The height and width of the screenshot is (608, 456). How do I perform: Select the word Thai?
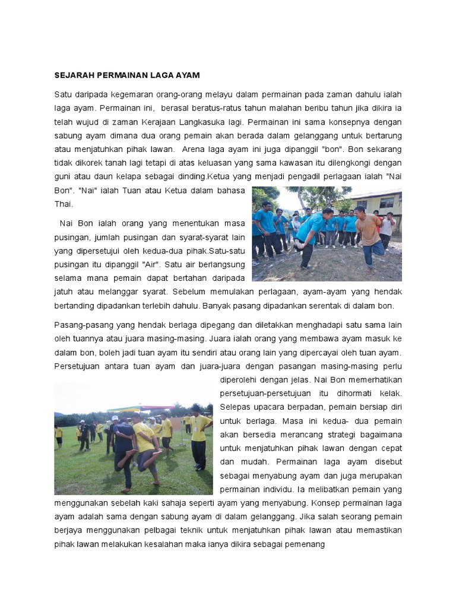pyautogui.click(x=64, y=204)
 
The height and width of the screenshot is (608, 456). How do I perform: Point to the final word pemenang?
pyautogui.click(x=303, y=543)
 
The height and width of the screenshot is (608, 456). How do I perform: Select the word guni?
pyautogui.click(x=64, y=176)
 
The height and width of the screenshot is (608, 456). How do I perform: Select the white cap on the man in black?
pyautogui.click(x=115, y=419)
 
